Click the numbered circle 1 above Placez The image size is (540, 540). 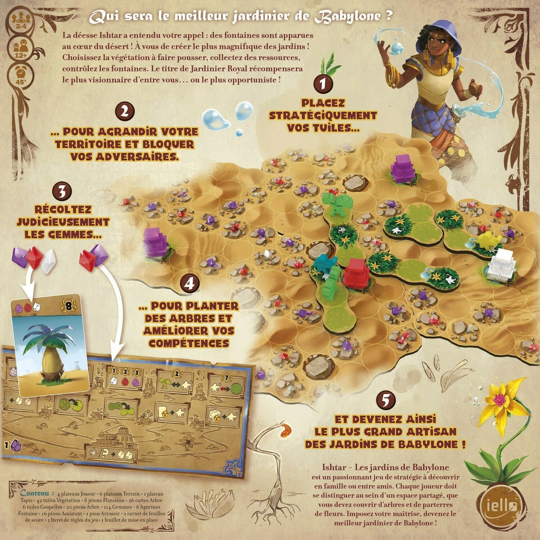(323, 83)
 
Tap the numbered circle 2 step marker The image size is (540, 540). (125, 111)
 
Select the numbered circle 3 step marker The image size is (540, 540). (62, 191)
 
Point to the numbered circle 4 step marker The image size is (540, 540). (189, 283)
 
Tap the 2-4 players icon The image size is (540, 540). (21, 20)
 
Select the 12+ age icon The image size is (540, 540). (21, 48)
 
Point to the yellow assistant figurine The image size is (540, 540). (487, 240)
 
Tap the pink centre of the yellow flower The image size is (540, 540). (499, 399)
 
